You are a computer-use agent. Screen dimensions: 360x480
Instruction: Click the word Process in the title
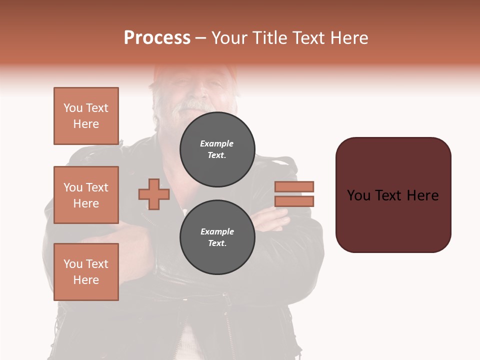click(157, 38)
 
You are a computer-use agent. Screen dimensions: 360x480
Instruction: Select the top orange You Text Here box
click(86, 116)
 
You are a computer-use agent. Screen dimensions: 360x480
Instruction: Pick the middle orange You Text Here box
click(86, 195)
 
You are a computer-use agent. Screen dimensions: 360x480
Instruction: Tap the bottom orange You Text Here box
click(86, 272)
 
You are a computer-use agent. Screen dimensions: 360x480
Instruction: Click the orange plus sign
click(154, 194)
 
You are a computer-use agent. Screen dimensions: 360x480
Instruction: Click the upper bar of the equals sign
click(294, 186)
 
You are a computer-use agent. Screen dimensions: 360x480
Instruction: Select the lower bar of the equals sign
click(294, 201)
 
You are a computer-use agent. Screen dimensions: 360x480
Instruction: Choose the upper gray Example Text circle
click(217, 149)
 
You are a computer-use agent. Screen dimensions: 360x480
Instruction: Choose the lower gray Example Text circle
click(217, 237)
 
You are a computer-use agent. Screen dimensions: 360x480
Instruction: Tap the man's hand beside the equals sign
click(272, 220)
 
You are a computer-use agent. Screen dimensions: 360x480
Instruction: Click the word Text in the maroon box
click(393, 195)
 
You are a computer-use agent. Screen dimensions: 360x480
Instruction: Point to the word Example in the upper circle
click(217, 143)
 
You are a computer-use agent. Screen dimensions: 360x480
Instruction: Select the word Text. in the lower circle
click(217, 243)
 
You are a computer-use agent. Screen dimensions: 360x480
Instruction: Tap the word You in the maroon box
click(359, 195)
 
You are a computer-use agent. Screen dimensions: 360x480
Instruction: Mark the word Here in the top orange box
click(86, 124)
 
